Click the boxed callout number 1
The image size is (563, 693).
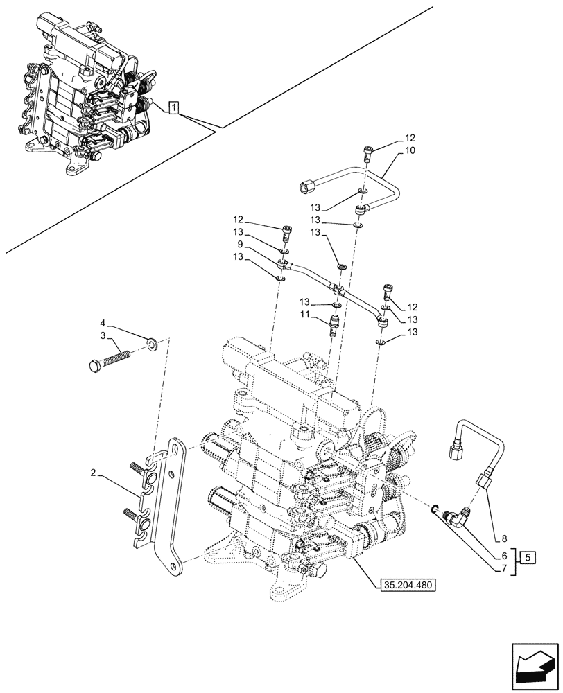(x=174, y=107)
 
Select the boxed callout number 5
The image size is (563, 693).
(x=528, y=557)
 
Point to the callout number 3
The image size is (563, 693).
(x=103, y=336)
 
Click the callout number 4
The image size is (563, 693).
(x=103, y=323)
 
